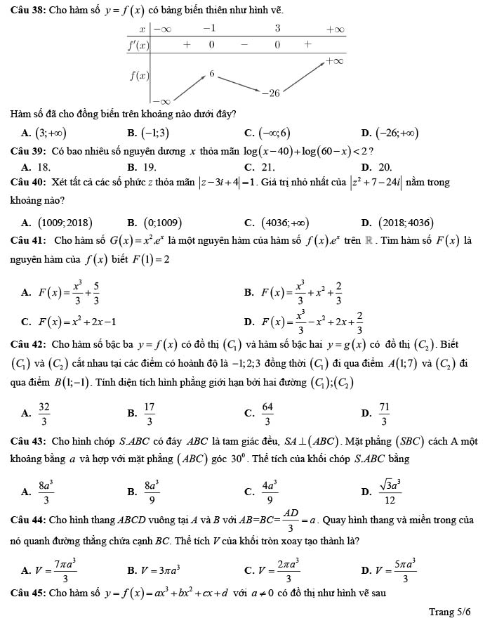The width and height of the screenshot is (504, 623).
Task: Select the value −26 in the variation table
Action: tap(270, 92)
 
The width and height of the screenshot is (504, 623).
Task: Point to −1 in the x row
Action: tap(208, 28)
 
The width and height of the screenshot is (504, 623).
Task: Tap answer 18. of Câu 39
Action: tap(44, 166)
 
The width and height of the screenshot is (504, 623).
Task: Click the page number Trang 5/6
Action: tap(449, 612)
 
